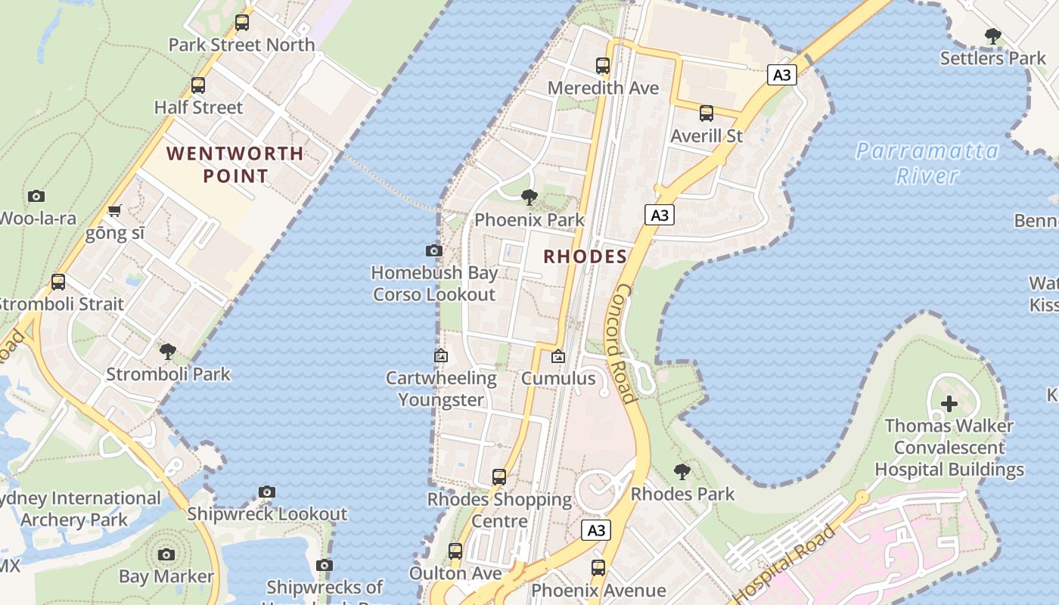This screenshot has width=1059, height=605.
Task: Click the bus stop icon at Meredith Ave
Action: [x=603, y=66]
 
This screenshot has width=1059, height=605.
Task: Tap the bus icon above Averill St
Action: [x=707, y=113]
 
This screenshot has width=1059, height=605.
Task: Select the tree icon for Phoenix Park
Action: [x=529, y=197]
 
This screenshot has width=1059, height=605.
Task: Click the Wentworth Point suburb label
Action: [x=235, y=165]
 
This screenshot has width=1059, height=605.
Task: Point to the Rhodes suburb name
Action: [x=585, y=256]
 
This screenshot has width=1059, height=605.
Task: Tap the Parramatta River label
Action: [x=927, y=163]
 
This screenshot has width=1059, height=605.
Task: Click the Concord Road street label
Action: [x=623, y=343]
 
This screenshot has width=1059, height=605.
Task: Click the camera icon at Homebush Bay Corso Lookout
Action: [x=434, y=250]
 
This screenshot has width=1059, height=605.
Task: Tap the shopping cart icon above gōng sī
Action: [x=114, y=211]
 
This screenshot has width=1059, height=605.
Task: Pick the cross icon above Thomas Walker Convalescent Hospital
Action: [x=949, y=404]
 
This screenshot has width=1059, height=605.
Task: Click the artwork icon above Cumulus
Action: [x=558, y=355]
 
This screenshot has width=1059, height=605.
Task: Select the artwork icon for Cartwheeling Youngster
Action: [x=441, y=355]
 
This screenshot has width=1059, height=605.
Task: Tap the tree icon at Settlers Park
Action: [x=993, y=36]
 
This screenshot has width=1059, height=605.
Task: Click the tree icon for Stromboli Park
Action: [x=168, y=352]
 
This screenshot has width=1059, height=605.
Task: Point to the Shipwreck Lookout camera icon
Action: [x=266, y=492]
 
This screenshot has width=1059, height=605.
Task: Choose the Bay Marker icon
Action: [x=166, y=554]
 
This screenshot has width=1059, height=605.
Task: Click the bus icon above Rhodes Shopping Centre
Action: [x=499, y=477]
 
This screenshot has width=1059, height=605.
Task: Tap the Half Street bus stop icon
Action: [x=198, y=85]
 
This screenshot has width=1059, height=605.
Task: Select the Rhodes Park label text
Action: [x=682, y=494]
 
